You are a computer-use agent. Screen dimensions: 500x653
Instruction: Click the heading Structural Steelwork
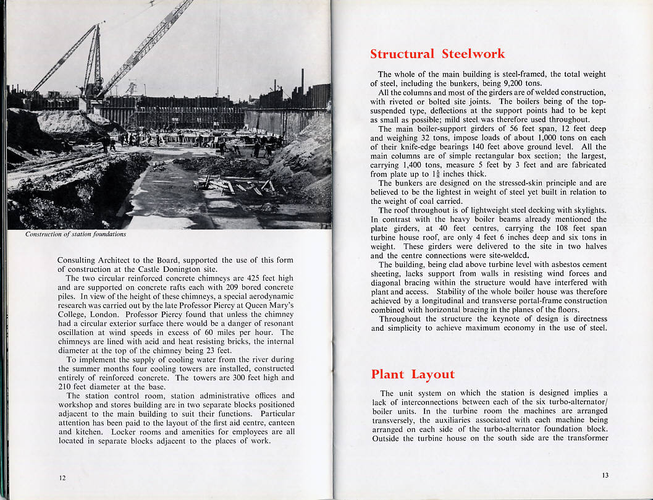(437, 54)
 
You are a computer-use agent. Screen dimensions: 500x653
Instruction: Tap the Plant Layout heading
(412, 375)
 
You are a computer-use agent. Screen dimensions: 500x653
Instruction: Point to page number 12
(62, 478)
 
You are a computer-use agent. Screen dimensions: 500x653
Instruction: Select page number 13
(605, 475)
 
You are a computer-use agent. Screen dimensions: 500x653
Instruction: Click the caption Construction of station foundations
(76, 234)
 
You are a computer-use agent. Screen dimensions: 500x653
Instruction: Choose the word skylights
(586, 210)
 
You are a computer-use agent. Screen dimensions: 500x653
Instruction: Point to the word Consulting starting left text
(78, 260)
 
